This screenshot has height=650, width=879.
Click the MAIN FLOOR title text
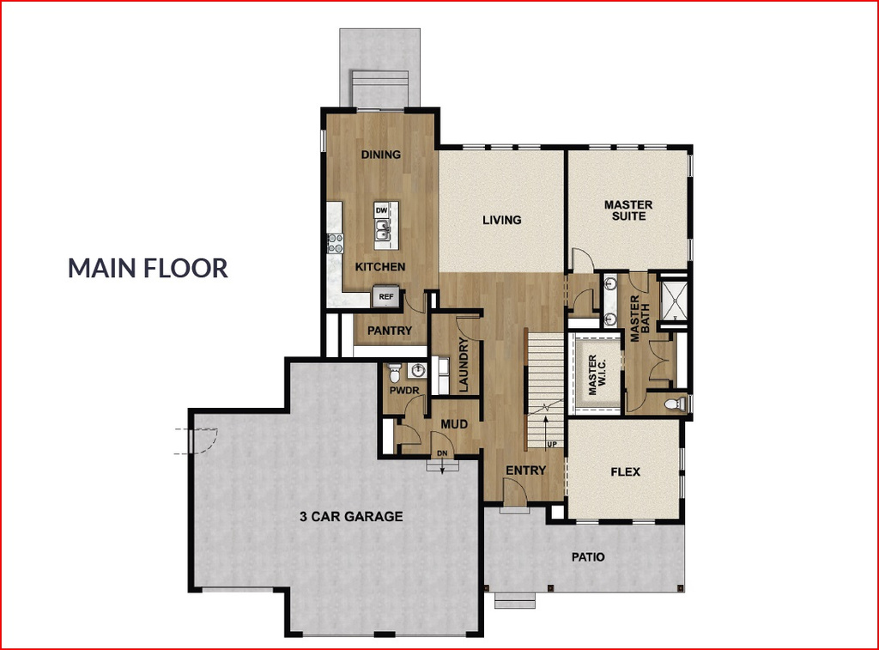coord(148,267)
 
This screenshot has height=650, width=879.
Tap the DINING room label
coord(380,155)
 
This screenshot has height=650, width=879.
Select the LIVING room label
coord(501,220)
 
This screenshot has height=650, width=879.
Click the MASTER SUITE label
coord(628,210)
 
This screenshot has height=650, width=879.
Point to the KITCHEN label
coord(380,267)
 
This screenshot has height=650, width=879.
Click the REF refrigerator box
coord(386,297)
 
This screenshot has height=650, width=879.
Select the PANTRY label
coord(391,331)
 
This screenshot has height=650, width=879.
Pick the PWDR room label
coord(403,391)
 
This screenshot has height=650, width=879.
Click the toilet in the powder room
coord(394,373)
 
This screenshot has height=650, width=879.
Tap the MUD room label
coord(453,424)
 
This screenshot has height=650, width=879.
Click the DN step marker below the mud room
coord(442,453)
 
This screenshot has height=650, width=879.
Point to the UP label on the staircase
coord(552,444)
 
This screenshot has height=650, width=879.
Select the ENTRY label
coord(525,471)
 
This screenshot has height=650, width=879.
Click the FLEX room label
coord(625,472)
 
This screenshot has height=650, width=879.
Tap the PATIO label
coord(588,557)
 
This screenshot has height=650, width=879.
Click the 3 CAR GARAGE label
coord(351,517)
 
